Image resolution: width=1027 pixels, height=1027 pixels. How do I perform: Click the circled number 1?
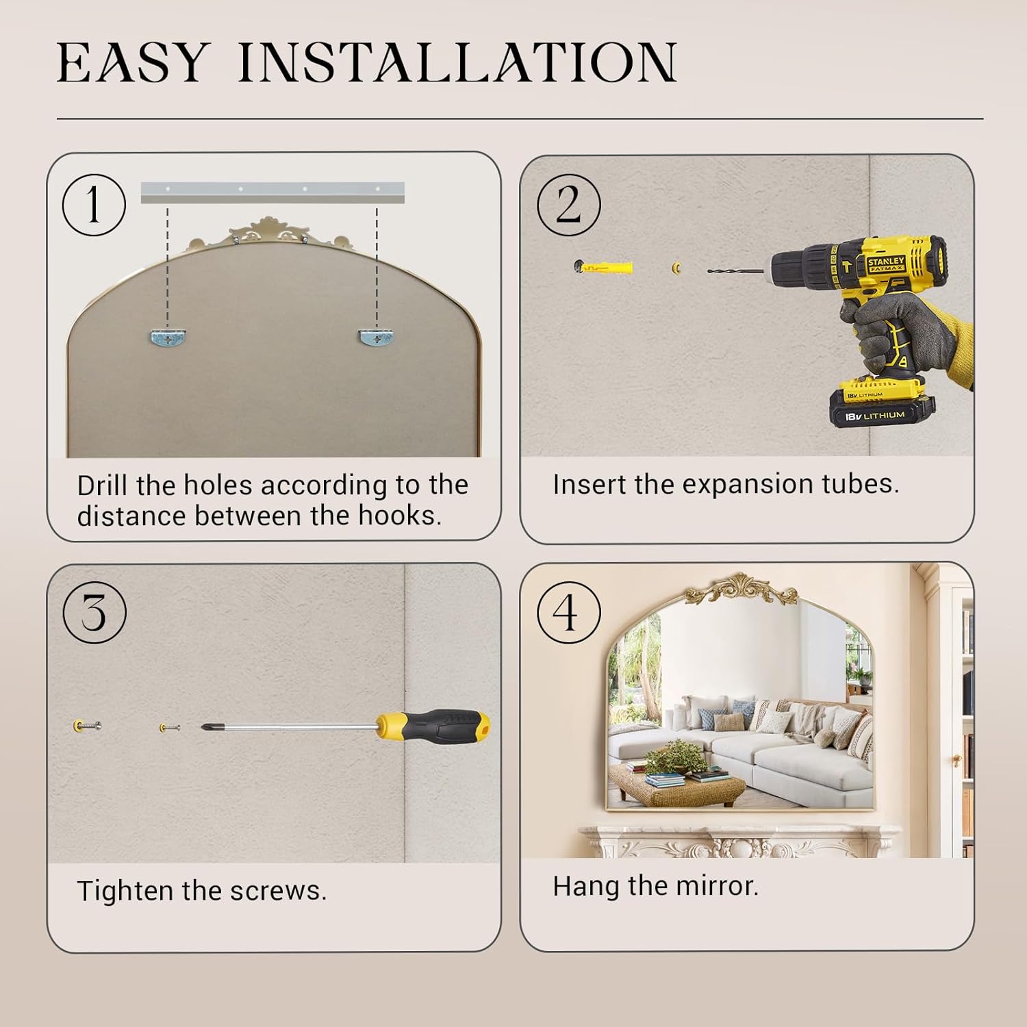click(x=94, y=205)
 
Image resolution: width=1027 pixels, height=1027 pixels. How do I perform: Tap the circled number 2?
click(x=568, y=205)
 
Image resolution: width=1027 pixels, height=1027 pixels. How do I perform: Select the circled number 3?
click(x=94, y=612)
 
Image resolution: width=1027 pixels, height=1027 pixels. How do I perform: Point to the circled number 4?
click(x=568, y=612)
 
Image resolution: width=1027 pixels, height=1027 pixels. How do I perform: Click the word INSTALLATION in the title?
click(x=457, y=63)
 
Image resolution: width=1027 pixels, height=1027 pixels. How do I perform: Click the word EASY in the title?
click(x=131, y=63)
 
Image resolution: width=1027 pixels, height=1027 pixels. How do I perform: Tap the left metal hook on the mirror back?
click(x=168, y=337)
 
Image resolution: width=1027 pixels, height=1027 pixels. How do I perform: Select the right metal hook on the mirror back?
click(x=377, y=337)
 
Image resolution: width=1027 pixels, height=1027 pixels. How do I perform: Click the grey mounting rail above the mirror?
click(x=272, y=192)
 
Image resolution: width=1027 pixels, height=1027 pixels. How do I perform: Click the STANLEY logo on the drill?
click(x=886, y=264)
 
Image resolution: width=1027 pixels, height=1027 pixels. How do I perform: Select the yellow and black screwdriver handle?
click(x=433, y=726)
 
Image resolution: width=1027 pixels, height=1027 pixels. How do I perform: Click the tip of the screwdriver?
click(x=203, y=726)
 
